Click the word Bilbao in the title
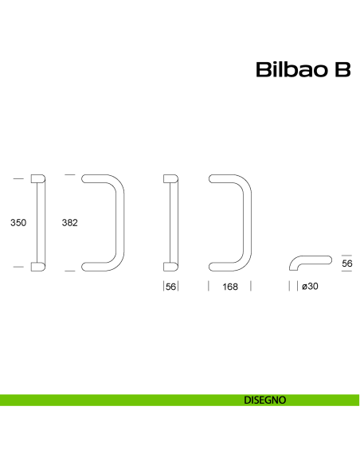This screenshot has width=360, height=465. click(289, 71)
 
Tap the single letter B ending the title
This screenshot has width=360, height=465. click(342, 71)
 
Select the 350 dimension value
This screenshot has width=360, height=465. click(18, 223)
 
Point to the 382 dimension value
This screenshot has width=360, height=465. click(69, 223)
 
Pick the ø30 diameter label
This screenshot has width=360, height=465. click(310, 287)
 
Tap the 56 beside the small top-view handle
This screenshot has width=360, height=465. click(346, 264)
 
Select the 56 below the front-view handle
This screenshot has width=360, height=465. click(170, 287)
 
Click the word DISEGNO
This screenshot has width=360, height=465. click(265, 400)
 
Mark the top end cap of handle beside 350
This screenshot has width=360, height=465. click(38, 178)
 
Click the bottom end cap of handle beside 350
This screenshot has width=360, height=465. click(38, 267)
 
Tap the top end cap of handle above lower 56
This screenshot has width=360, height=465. click(170, 178)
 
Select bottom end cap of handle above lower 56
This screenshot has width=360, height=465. click(170, 267)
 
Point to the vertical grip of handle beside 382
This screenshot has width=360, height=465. click(119, 223)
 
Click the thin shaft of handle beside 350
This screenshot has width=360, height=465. click(43, 223)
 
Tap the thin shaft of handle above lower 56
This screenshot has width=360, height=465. click(175, 223)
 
